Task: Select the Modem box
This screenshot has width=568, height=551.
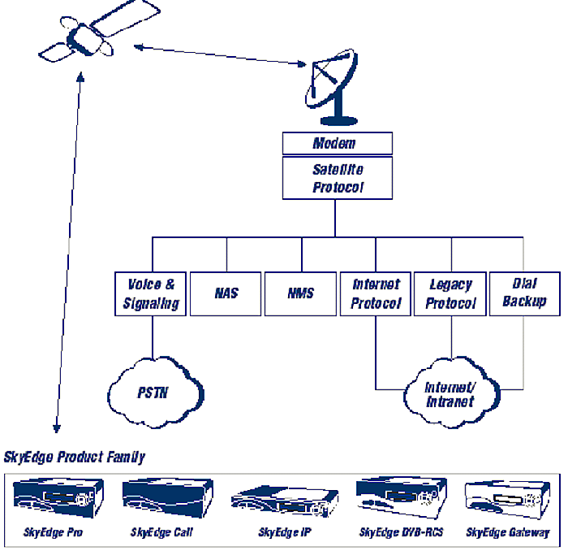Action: pyautogui.click(x=337, y=144)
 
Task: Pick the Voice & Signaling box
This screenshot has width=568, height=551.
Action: pyautogui.click(x=151, y=293)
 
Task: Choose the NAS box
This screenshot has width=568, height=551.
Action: pyautogui.click(x=226, y=293)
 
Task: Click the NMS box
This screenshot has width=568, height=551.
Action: pyautogui.click(x=301, y=293)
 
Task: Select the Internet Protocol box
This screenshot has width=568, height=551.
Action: pyautogui.click(x=376, y=293)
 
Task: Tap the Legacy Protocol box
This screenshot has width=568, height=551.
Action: pyautogui.click(x=450, y=293)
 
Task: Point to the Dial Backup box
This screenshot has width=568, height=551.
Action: pyautogui.click(x=524, y=293)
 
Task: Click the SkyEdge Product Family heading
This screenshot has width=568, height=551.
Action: pyautogui.click(x=75, y=457)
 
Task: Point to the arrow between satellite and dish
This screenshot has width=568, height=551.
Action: pyautogui.click(x=219, y=54)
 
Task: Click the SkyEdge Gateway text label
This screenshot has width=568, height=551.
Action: pyautogui.click(x=508, y=533)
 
